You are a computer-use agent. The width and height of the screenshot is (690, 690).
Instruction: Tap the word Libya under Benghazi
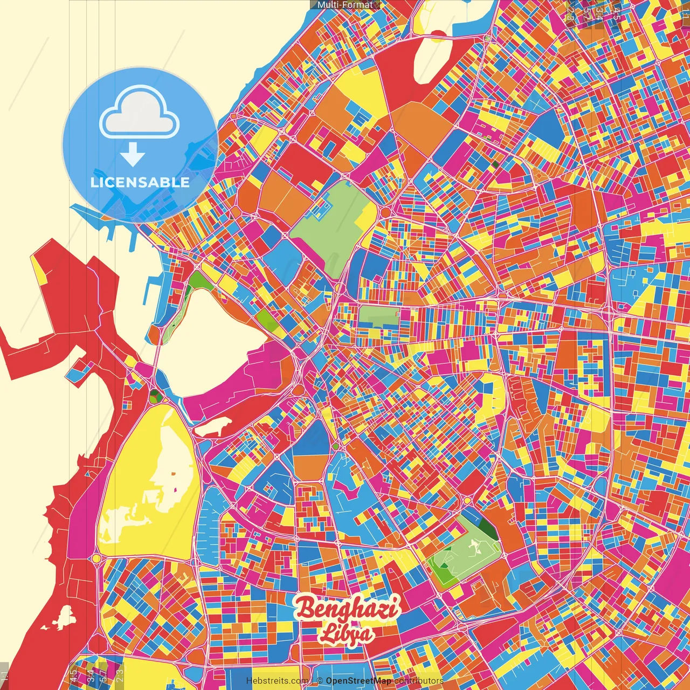346,633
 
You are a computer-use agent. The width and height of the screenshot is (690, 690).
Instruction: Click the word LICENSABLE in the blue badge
140,182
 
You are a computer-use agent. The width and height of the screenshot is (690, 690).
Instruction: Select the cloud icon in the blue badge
139,114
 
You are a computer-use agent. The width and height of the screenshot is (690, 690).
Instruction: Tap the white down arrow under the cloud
133,155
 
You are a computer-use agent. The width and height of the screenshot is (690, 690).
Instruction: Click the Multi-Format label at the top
345,5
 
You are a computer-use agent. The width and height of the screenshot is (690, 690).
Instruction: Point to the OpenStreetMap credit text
358,681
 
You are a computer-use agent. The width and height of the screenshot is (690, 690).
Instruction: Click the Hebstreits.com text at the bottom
277,681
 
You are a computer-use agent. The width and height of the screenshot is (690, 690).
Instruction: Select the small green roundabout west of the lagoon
155,397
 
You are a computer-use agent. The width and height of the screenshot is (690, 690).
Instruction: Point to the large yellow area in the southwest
146,485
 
